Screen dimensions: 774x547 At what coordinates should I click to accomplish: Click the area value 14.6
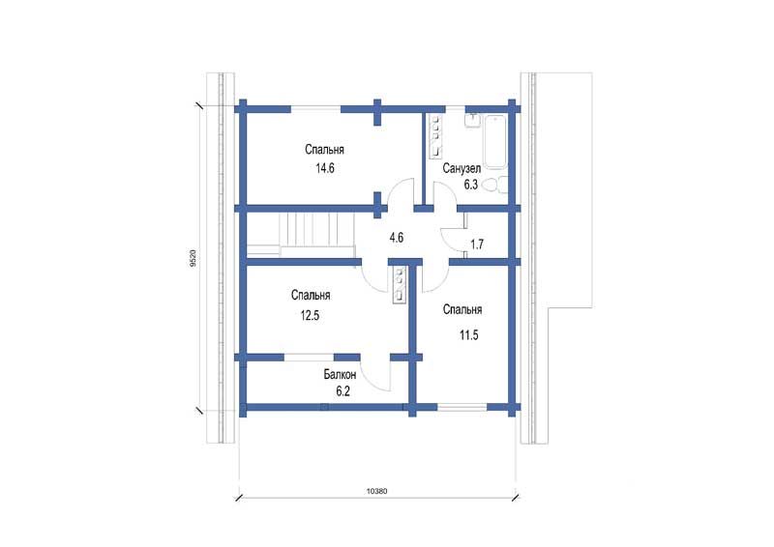click(x=325, y=168)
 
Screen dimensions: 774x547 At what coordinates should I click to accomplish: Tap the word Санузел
click(x=461, y=169)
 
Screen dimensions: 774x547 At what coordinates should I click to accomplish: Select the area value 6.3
click(x=470, y=185)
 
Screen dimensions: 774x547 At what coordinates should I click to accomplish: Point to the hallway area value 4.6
click(x=397, y=238)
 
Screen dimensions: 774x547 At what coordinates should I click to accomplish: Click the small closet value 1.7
click(x=477, y=245)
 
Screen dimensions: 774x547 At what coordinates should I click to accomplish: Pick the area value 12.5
click(x=310, y=315)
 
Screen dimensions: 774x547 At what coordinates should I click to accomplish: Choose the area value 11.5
click(x=469, y=335)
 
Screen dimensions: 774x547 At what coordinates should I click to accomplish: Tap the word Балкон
click(x=341, y=374)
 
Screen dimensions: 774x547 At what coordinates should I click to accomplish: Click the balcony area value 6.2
click(x=343, y=391)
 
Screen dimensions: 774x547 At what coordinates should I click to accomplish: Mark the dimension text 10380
click(x=376, y=491)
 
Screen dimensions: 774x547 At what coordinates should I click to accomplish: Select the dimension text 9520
click(x=193, y=258)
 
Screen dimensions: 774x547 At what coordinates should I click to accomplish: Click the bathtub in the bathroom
click(x=494, y=142)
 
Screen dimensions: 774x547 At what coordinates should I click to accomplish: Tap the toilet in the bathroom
click(x=494, y=186)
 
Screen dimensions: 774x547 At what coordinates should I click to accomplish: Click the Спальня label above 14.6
click(x=324, y=150)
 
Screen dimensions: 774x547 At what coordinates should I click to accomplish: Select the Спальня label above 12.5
click(x=311, y=296)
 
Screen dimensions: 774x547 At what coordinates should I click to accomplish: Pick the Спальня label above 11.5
click(x=462, y=310)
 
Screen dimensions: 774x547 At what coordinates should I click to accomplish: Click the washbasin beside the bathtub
click(x=473, y=121)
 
